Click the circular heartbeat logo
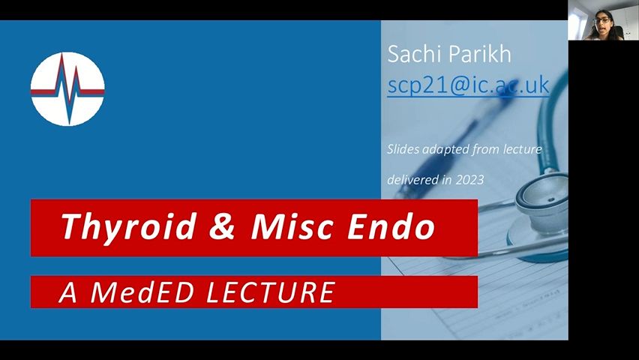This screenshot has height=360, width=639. coord(67,88)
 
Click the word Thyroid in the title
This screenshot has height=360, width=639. coord(128,226)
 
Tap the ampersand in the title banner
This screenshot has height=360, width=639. coord(223,226)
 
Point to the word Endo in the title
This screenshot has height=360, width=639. coord(391,226)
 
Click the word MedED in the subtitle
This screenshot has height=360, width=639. coord(142,292)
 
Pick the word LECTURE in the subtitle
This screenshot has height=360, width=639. coord(271,292)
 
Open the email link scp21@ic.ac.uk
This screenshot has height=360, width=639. coord(468,85)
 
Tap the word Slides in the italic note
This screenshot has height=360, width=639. coord(403,149)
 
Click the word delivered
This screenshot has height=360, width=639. coord(409,179)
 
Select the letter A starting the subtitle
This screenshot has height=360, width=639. coord(68,292)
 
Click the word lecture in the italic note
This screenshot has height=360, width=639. coord(522,149)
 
